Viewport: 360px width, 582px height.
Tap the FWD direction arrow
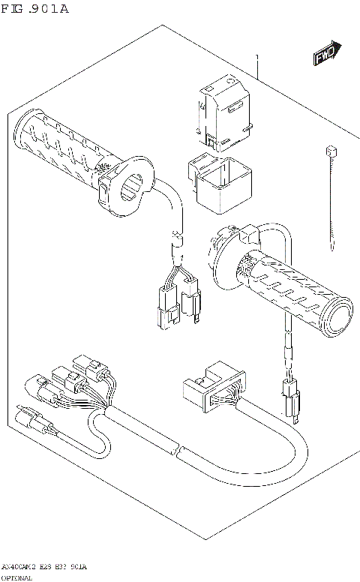326,54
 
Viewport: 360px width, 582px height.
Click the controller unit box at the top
222,112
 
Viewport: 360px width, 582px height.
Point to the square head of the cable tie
328,151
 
